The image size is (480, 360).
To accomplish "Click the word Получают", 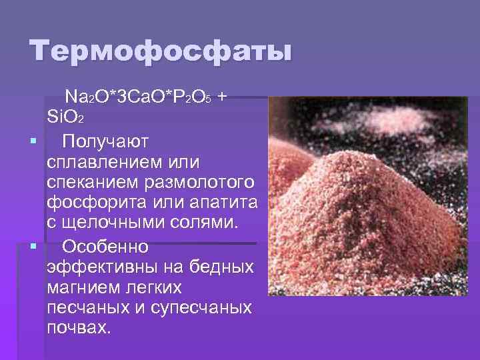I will coord(106,141).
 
